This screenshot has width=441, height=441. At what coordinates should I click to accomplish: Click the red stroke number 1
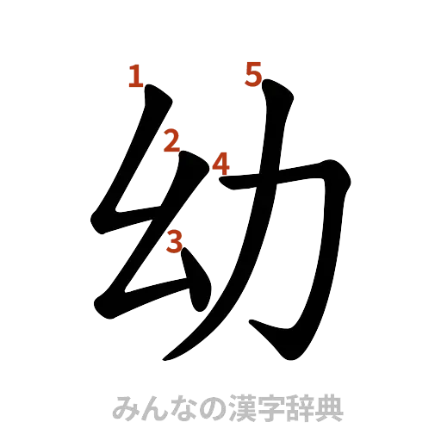click(134, 78)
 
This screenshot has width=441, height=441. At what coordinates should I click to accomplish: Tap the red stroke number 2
click(172, 140)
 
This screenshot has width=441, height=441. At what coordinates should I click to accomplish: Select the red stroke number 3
click(175, 242)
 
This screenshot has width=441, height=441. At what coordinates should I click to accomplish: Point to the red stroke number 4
click(221, 163)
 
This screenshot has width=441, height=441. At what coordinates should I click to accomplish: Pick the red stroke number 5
click(252, 76)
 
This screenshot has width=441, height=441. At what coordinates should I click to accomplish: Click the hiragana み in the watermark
click(125, 407)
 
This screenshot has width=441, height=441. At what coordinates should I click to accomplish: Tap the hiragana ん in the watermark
click(153, 407)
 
